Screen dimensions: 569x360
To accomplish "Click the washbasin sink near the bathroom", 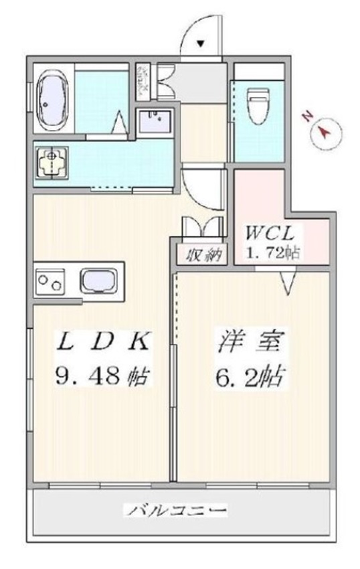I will click(x=155, y=123).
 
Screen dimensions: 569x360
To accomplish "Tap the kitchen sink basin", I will click(x=100, y=281).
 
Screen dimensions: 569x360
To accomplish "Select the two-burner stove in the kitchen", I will click(x=50, y=282).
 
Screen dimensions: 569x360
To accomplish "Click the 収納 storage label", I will click(x=202, y=254).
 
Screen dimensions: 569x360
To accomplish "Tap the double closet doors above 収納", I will click(x=202, y=228).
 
